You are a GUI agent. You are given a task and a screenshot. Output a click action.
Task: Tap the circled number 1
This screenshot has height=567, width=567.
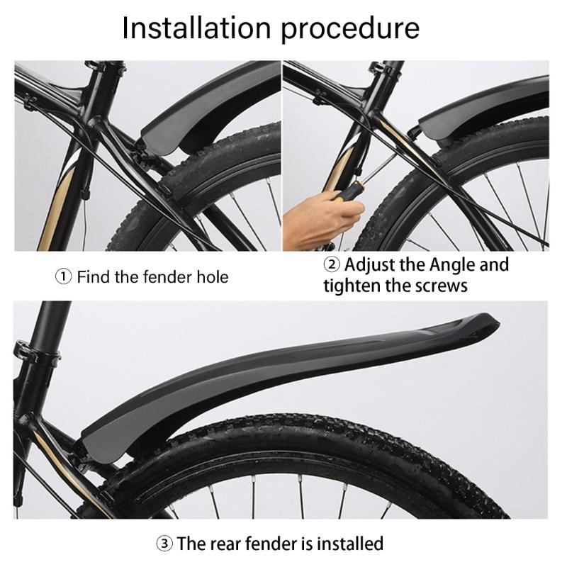tap(64, 276)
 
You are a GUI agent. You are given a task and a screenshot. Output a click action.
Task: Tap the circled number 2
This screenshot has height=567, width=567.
tap(332, 265)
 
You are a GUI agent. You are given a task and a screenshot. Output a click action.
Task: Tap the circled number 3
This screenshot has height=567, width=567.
tap(164, 544)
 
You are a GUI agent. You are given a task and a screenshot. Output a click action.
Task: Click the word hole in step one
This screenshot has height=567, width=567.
tap(212, 276)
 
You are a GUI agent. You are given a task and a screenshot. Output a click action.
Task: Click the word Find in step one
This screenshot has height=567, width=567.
tap(94, 276)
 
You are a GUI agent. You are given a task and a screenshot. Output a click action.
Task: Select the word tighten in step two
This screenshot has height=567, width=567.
tap(355, 286)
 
